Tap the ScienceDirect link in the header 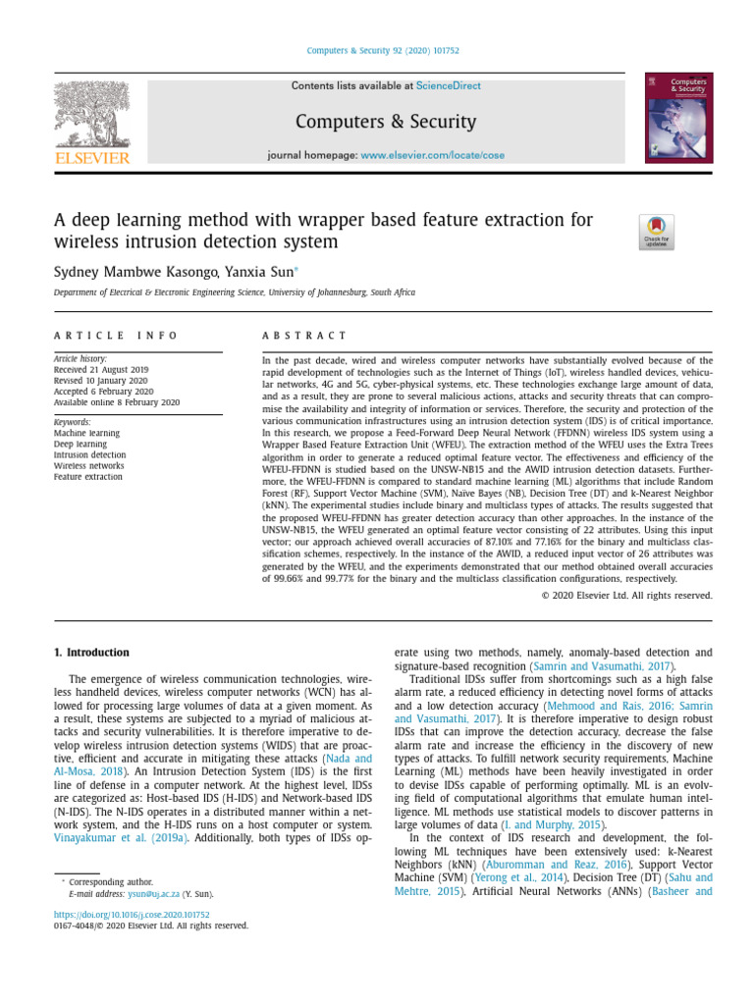[448, 86]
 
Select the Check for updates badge [656, 233]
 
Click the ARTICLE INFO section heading [117, 336]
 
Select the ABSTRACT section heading [304, 336]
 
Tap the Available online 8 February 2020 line [117, 402]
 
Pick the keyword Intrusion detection [89, 455]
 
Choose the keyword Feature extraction [88, 477]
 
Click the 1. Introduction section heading [91, 653]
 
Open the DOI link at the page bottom [132, 915]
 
